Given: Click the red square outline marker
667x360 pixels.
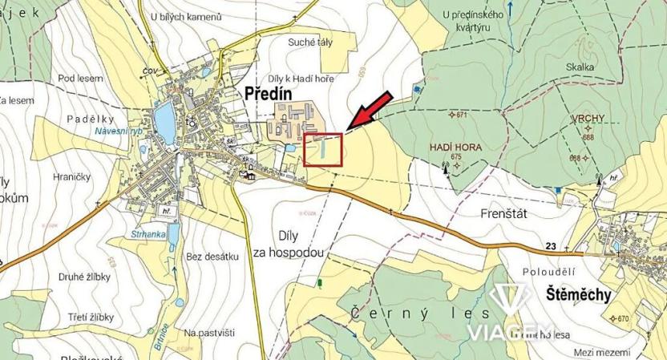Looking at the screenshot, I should (323, 150).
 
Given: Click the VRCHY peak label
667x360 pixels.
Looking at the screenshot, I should (588, 119).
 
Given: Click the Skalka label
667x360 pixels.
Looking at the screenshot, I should (579, 68).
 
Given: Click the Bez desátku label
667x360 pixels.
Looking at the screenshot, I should (212, 257).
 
